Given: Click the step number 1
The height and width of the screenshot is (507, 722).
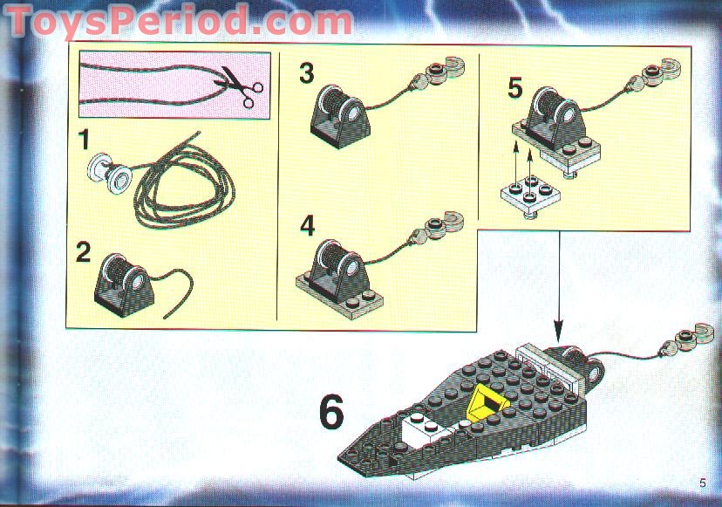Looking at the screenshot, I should (x=84, y=140).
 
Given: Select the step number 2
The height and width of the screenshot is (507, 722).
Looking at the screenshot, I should (x=84, y=253).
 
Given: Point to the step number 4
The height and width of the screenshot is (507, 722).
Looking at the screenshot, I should (x=306, y=226).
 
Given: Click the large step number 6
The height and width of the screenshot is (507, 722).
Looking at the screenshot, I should (x=330, y=413).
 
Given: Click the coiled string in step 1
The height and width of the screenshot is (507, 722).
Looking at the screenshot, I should (x=179, y=188).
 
